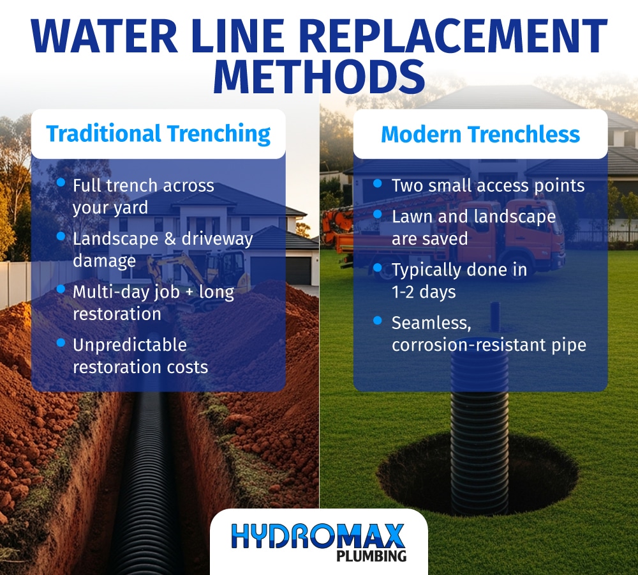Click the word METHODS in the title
pyautogui.click(x=319, y=75)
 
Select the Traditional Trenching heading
pyautogui.click(x=158, y=134)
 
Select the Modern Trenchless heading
pyautogui.click(x=480, y=134)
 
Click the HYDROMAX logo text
pyautogui.click(x=318, y=535)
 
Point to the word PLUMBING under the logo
pyautogui.click(x=371, y=555)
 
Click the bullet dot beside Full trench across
pyautogui.click(x=61, y=183)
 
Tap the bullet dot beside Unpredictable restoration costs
pyautogui.click(x=61, y=342)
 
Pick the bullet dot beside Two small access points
pyautogui.click(x=378, y=183)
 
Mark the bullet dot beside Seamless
pyautogui.click(x=378, y=320)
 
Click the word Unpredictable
pyautogui.click(x=130, y=345)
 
